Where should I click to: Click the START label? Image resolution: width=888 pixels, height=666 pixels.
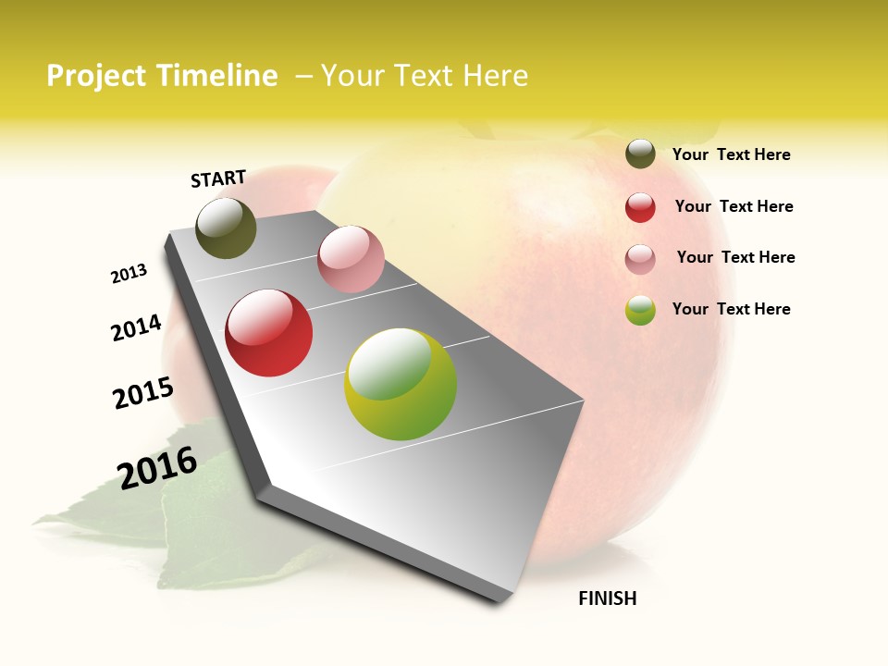point(218,179)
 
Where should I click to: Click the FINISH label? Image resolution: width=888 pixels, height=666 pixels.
point(608,598)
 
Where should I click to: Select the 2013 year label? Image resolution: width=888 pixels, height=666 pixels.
point(129,274)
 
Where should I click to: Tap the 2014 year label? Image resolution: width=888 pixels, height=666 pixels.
point(137,327)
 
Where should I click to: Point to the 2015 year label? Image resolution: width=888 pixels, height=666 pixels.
point(143,393)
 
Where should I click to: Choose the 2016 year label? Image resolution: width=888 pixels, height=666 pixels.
point(157,467)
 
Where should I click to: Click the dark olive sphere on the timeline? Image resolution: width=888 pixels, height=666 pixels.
point(226,228)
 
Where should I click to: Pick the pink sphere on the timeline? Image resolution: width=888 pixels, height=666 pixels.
point(351,259)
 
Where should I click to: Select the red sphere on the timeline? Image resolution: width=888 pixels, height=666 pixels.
point(269,333)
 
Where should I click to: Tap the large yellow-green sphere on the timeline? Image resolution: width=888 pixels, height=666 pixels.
point(401,384)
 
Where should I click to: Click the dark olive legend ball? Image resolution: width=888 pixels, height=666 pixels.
point(640,154)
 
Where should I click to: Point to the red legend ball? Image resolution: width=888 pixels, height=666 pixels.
point(640,207)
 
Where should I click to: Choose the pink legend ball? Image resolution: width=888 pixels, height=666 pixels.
point(640,259)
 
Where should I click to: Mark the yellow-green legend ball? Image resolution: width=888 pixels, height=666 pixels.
point(640,310)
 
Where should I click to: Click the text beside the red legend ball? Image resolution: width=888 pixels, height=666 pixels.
point(734,206)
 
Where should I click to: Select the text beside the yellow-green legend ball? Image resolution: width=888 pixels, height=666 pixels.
point(731,309)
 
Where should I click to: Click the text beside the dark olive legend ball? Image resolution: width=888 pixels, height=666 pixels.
point(731,154)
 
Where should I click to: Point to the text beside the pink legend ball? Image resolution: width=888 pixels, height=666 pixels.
point(735,257)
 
